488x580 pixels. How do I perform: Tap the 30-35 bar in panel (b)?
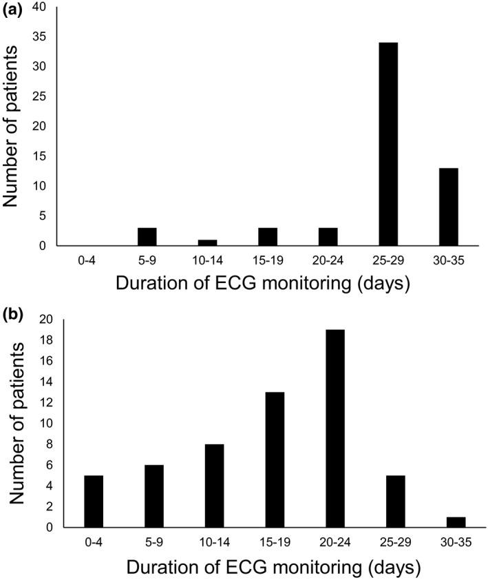point(455,522)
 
